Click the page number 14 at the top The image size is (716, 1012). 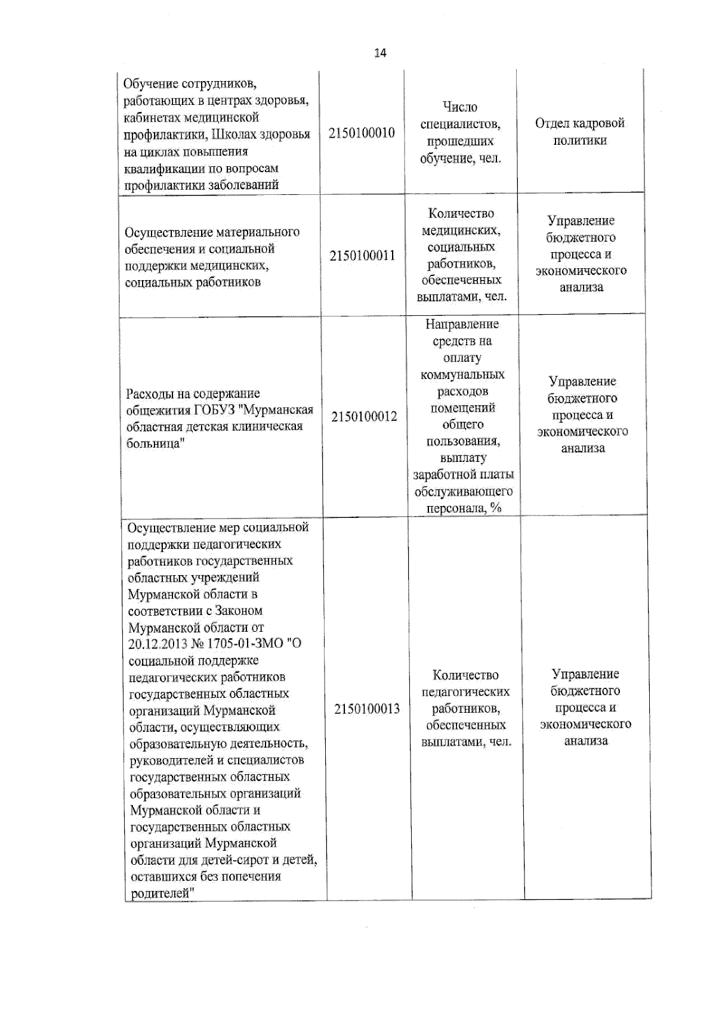click(380, 53)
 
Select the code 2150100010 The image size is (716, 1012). click(362, 133)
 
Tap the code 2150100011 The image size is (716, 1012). click(362, 256)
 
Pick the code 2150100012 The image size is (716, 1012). click(364, 417)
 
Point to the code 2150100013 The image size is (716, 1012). click(367, 709)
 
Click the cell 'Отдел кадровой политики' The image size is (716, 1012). click(579, 132)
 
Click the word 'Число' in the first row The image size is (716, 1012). click(460, 107)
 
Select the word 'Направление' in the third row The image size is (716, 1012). click(462, 324)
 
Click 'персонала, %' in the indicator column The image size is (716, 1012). click(463, 508)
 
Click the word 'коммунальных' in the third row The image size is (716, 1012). click(462, 375)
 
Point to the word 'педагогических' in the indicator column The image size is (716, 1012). click(465, 692)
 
